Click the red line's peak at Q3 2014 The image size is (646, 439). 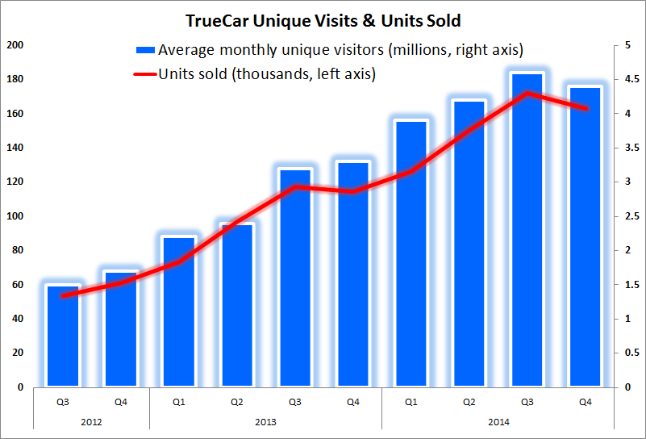[527, 93]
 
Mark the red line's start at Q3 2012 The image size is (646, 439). [63, 295]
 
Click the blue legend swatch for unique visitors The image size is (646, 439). [144, 50]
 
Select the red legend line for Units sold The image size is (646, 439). [144, 74]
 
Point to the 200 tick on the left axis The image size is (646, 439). [15, 45]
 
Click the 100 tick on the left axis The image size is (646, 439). [15, 216]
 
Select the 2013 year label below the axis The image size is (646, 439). [265, 420]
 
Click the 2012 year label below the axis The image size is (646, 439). [92, 420]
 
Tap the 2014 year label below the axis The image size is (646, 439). [498, 420]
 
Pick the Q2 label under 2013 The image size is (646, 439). [236, 401]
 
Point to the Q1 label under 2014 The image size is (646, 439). [411, 401]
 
